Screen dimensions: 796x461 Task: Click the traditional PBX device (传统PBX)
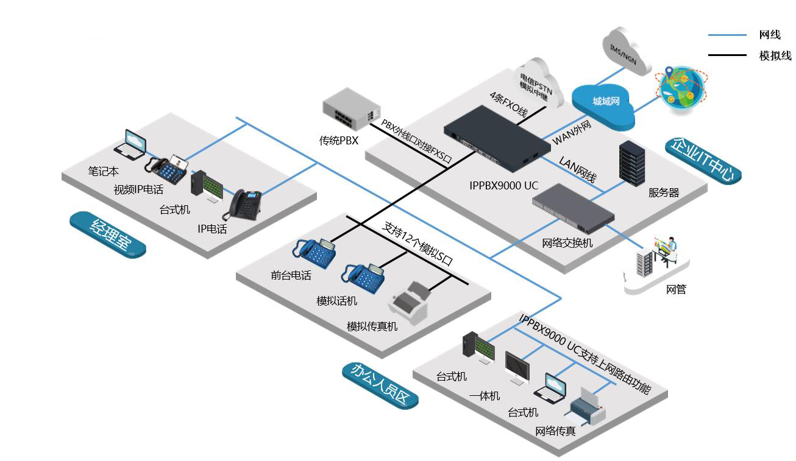pos(351,109)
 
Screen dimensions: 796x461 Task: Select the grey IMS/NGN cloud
pos(626,51)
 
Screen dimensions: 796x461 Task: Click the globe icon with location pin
pos(681,88)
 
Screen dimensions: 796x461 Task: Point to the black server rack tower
pos(632,163)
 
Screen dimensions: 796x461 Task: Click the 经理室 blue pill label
pos(108,234)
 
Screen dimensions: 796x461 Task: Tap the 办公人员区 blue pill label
pos(380,385)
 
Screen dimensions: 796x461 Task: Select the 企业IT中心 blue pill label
pos(703,161)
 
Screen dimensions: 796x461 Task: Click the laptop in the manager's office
pos(130,144)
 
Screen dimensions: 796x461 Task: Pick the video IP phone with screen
pos(166,169)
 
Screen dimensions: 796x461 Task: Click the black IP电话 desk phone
pos(243,205)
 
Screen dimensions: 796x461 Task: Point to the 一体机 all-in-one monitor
pos(517,368)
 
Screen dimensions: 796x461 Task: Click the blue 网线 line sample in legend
pos(727,35)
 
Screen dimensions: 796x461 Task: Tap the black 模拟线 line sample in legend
pos(727,55)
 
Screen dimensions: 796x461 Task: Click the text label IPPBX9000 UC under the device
pos(503,185)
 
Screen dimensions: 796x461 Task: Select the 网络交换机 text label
pos(567,243)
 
